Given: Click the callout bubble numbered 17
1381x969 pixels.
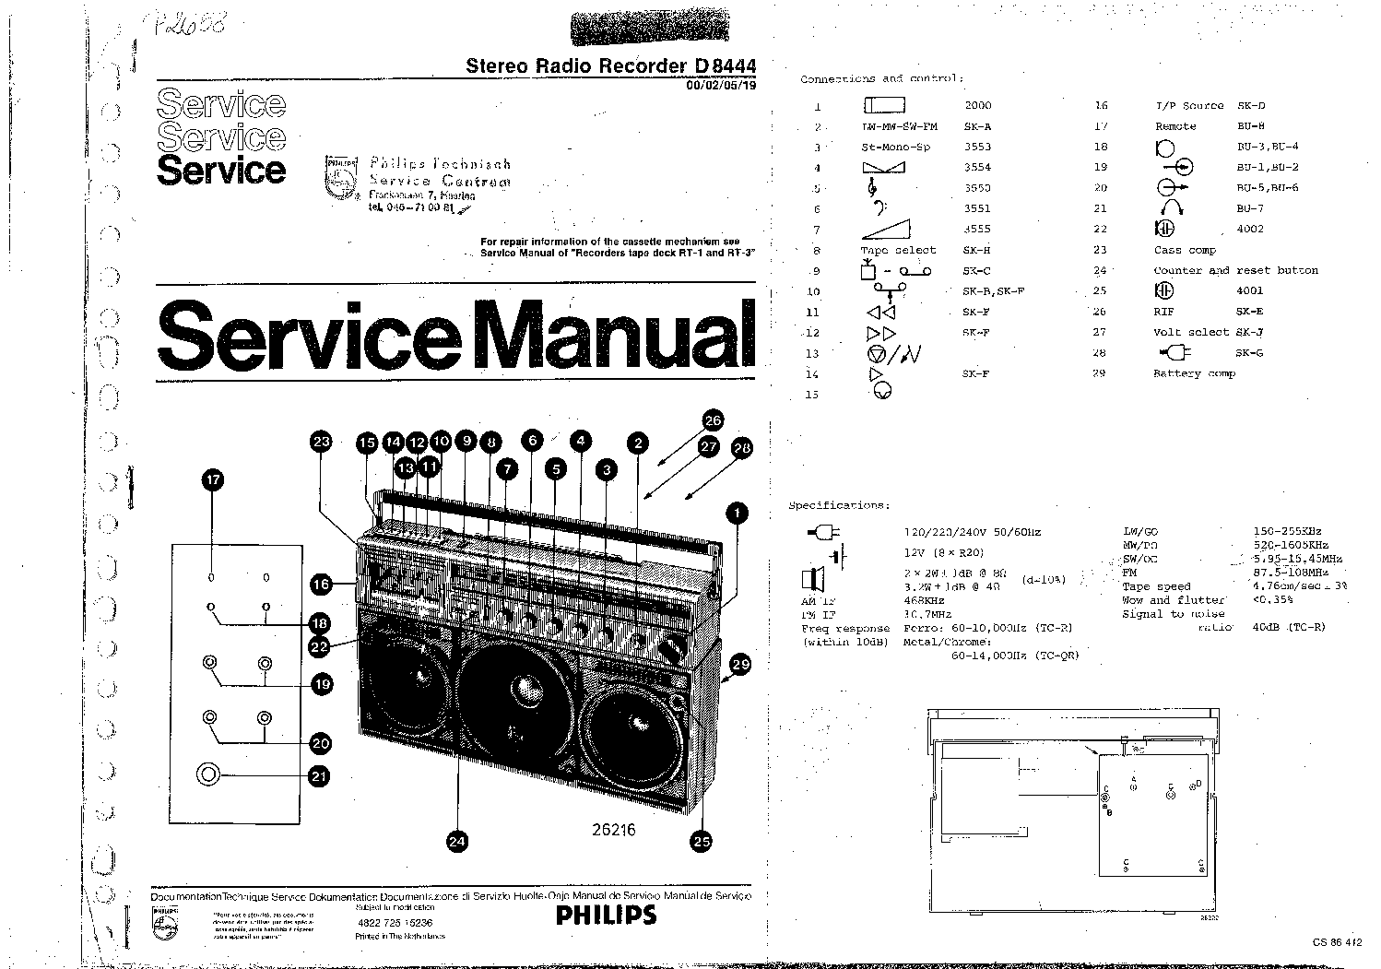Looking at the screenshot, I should [214, 479].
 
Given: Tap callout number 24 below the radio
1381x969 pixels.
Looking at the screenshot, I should [457, 840].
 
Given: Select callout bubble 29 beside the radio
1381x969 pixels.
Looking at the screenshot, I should [740, 663].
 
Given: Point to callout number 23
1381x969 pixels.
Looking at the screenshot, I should [321, 443].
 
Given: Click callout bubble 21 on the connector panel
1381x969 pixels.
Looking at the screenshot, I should [319, 776].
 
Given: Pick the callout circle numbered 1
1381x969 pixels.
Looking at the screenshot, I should [737, 513].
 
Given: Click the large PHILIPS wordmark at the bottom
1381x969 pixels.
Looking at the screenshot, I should [606, 915].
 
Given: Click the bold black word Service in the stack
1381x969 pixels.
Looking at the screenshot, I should [221, 170].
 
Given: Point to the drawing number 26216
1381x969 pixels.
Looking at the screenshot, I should [613, 829].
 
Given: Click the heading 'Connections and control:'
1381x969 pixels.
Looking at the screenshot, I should [880, 79].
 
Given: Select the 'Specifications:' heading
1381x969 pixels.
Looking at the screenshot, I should [838, 505].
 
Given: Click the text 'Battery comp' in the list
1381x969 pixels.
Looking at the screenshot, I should [1194, 373].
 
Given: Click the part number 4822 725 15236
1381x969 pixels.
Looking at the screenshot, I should [395, 922].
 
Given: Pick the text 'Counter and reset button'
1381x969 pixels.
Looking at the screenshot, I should [1235, 270].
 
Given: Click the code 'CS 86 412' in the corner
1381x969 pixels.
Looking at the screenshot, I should [1337, 941].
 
